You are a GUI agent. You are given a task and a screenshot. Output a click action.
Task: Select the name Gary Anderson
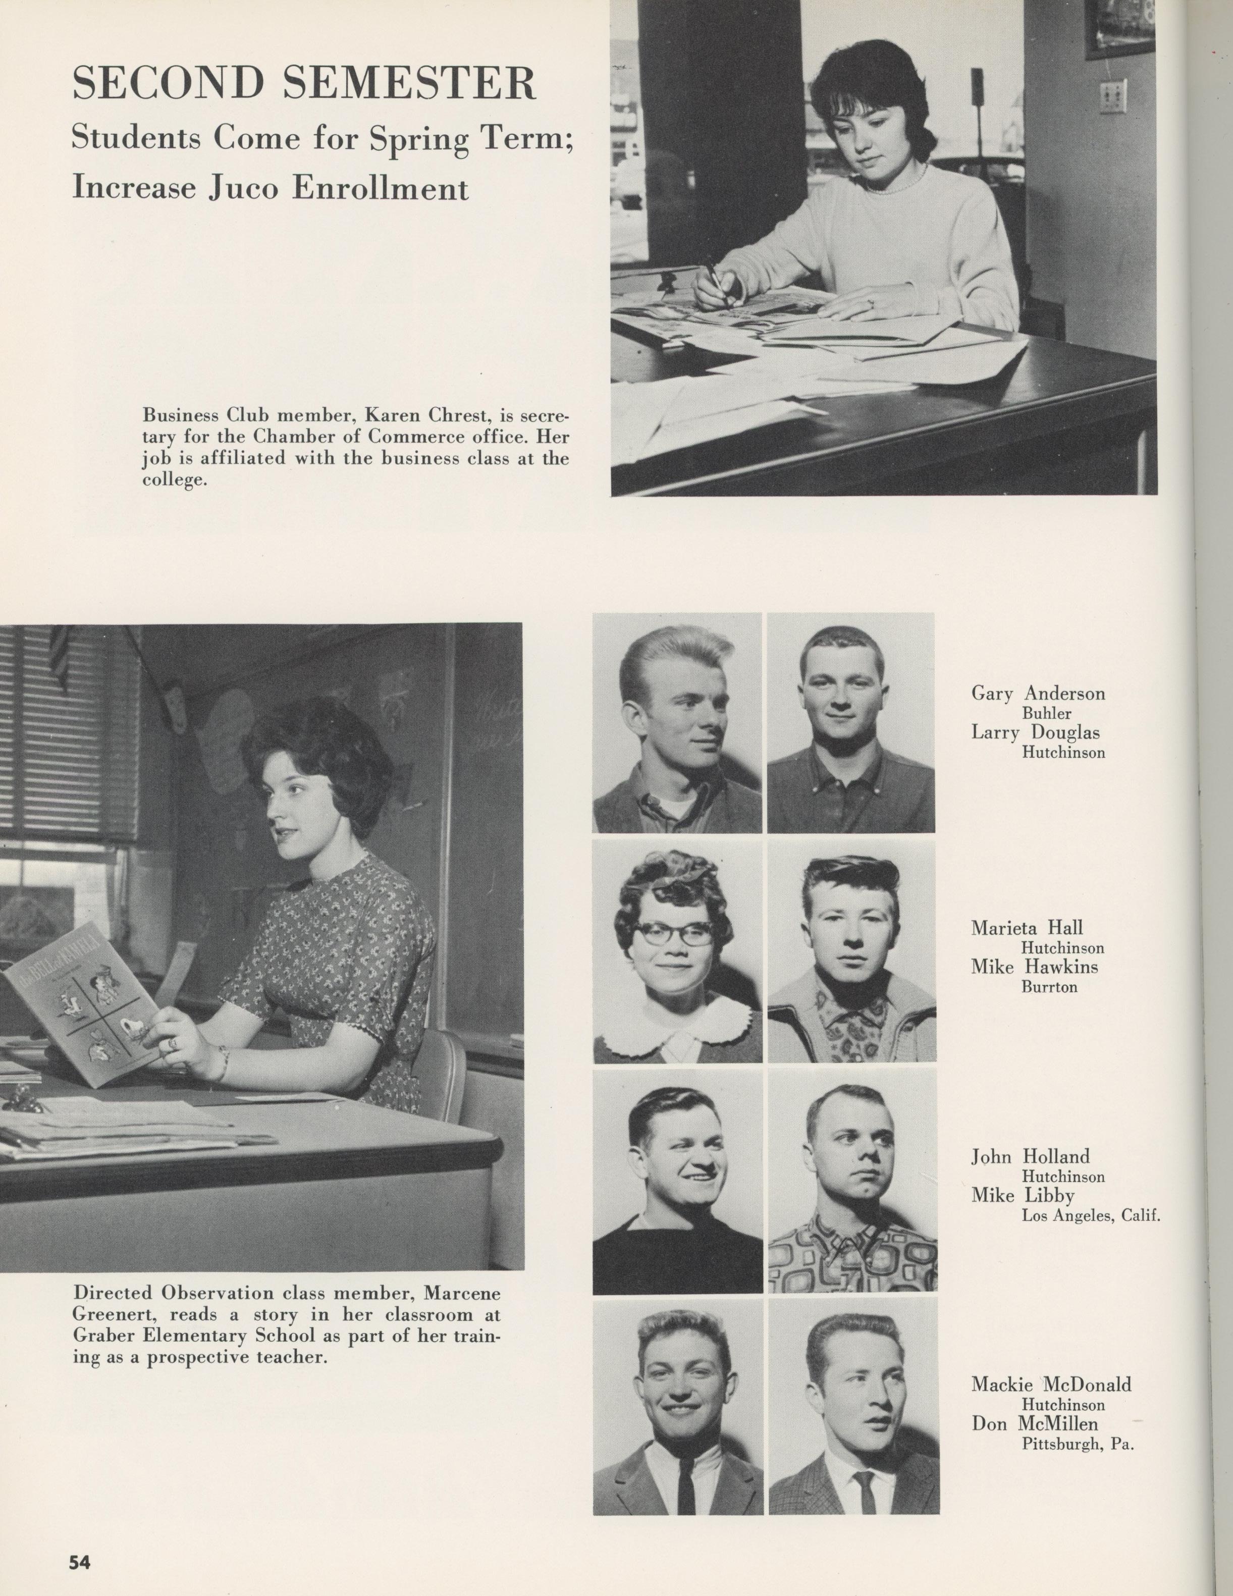[1038, 693]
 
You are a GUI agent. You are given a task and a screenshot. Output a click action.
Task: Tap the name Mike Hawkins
[1034, 967]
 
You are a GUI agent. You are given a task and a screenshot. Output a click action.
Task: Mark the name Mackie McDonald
[1051, 1384]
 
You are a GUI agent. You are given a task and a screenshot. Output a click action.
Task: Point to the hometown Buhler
[1047, 713]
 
